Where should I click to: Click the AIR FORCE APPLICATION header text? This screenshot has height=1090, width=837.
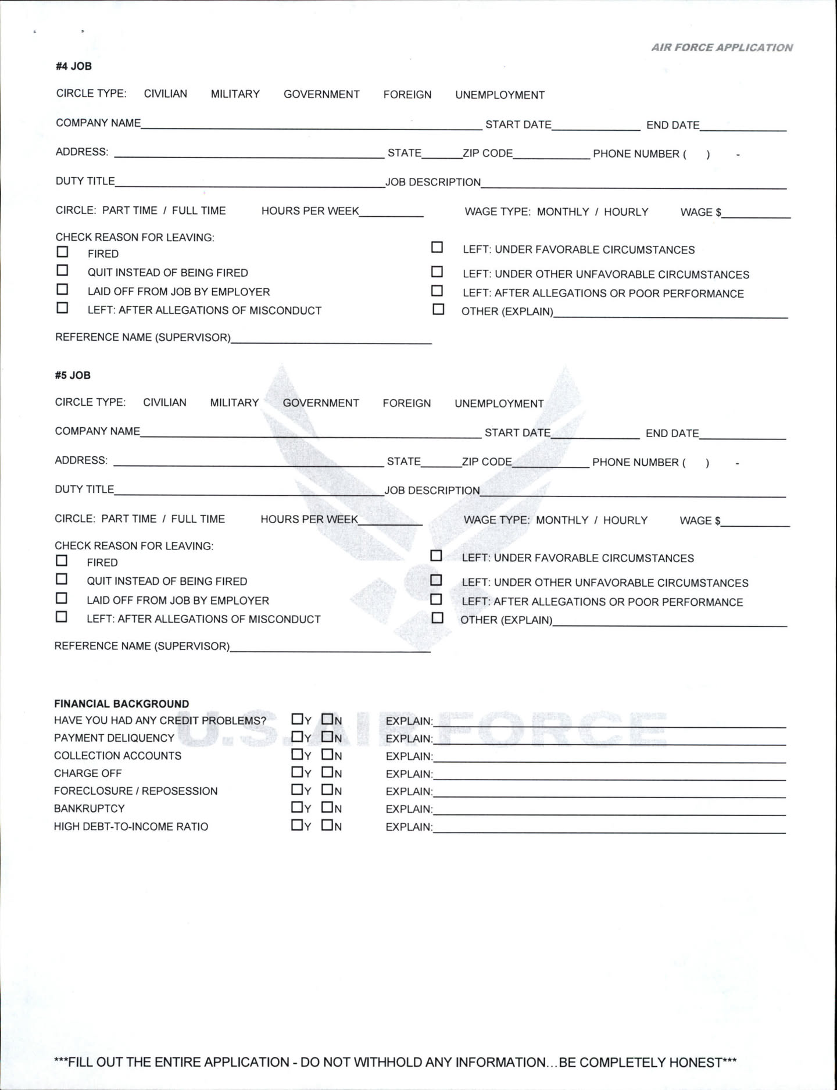point(722,48)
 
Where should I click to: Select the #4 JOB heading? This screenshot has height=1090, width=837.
point(74,66)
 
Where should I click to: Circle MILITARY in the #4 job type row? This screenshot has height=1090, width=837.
point(235,94)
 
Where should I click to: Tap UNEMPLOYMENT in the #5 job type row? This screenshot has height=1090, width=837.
point(499,403)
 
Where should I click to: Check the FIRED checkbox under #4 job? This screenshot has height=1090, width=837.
point(62,252)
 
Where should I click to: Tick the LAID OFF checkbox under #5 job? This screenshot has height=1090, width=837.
point(61,598)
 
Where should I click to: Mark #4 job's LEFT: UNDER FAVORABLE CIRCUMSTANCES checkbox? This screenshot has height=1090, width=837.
point(437,248)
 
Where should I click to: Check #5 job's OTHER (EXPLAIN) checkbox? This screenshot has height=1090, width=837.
point(437,618)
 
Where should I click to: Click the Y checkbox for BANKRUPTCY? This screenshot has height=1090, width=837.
point(297,807)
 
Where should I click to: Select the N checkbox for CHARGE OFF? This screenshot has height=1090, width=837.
point(327,772)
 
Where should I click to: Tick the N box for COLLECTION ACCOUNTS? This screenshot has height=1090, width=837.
point(327,755)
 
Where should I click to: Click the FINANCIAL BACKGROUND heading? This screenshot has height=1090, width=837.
point(121,704)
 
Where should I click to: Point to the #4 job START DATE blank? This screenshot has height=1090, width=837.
point(596,126)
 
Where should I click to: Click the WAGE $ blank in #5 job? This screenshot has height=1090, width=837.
point(755,521)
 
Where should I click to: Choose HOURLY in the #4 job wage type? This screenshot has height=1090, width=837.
point(626,212)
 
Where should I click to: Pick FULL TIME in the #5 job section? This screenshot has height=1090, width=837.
point(198,519)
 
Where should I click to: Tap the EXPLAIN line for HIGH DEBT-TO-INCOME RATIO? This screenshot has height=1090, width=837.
point(609,828)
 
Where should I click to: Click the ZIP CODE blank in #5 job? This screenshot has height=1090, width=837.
point(551,463)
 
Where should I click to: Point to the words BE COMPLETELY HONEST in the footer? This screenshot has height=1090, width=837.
point(641,1063)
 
